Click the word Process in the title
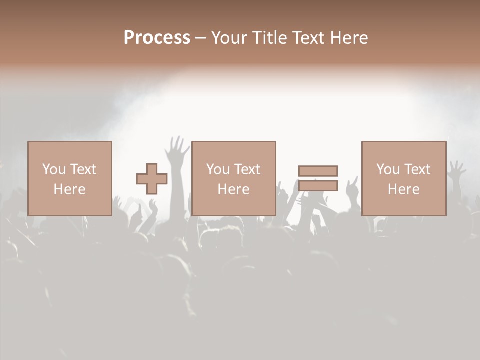point(157,38)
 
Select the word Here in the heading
point(348,38)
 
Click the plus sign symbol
point(152,179)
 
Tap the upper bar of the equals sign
point(318,171)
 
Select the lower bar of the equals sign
point(318,186)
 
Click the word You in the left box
point(54,169)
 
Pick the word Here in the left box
point(69,189)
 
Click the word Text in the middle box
point(247,169)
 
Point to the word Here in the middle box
point(233,189)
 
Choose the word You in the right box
point(388,169)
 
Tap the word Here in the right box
point(403,189)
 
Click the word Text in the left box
point(83,169)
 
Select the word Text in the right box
point(417,169)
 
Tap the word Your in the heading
point(229,38)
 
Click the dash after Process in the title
point(201,38)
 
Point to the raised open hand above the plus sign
point(177,148)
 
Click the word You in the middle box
point(218,169)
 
